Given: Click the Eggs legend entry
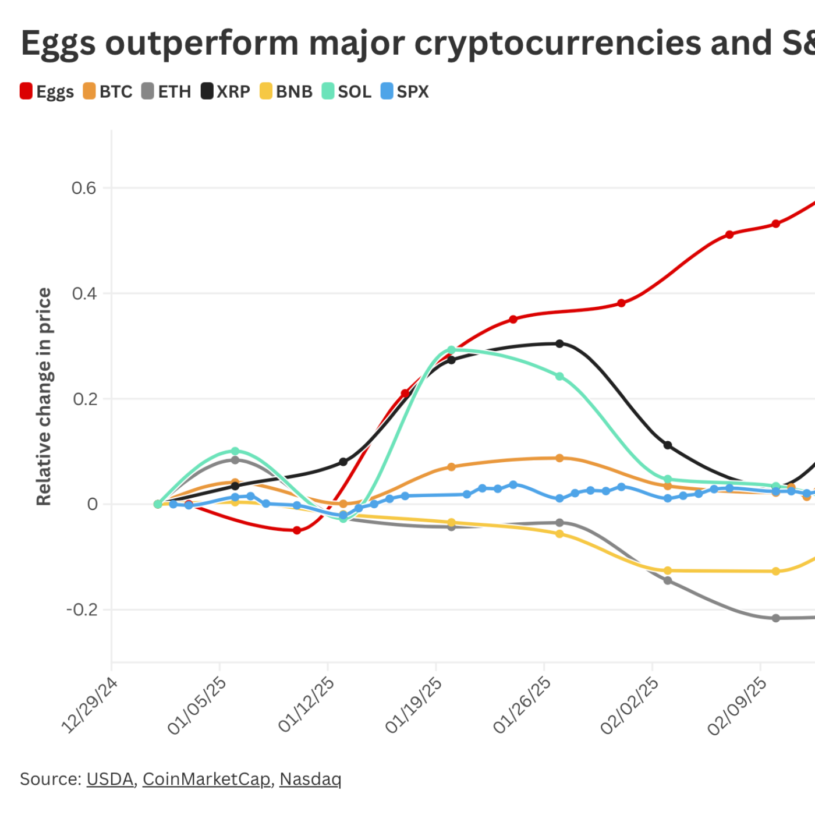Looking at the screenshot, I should tap(47, 91).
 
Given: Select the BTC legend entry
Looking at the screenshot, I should tap(108, 91).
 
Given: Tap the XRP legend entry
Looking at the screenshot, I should tap(226, 91).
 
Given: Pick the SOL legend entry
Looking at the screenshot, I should tap(347, 91).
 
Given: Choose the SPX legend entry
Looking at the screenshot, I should tap(405, 91).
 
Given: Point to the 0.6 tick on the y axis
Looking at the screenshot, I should tap(83, 188).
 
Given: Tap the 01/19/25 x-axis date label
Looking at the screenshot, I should tap(414, 704).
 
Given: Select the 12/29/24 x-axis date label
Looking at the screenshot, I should tap(90, 704).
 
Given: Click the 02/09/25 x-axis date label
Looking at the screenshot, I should tap(738, 704).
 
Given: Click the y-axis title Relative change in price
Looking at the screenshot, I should tap(44, 396).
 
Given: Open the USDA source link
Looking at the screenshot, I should tap(110, 779).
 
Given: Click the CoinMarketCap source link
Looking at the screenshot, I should tap(207, 779).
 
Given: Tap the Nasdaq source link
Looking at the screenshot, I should tap(310, 779).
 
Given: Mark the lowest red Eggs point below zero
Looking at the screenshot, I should tap(297, 530).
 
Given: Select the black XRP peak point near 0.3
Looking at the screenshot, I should tap(559, 343).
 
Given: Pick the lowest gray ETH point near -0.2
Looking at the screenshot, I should tap(775, 618).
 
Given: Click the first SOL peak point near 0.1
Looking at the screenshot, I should tap(235, 451).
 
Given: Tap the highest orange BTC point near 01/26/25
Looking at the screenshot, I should tap(559, 458).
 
